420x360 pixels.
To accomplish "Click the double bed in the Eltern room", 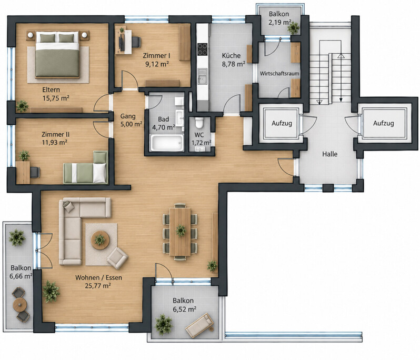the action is point(57,55).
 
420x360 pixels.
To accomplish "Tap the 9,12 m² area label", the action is point(157,64).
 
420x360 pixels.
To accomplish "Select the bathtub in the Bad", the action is point(167,143).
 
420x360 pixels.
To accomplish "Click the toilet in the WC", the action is point(199,123).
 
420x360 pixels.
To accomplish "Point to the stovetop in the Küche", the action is point(203,49).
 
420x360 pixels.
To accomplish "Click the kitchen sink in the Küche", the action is point(203,76).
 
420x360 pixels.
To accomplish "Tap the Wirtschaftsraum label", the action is point(279,73).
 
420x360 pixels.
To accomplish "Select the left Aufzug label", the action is point(282,123).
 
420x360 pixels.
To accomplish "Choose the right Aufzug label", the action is point(384,123).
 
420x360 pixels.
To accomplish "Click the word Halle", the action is point(329,154).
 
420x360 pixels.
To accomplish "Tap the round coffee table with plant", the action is point(100,239).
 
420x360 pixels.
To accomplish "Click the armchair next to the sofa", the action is point(117,258).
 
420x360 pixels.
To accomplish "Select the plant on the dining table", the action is point(181,231).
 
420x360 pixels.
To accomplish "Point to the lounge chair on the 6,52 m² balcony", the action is point(200,325).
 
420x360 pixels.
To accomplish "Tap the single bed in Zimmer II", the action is point(85,167).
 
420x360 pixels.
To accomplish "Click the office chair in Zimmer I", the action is point(136,42).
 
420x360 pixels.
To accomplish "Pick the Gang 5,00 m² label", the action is point(131,120).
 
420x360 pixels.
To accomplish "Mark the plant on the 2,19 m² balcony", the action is point(294,28).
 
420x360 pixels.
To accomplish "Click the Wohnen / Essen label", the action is point(98,277).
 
